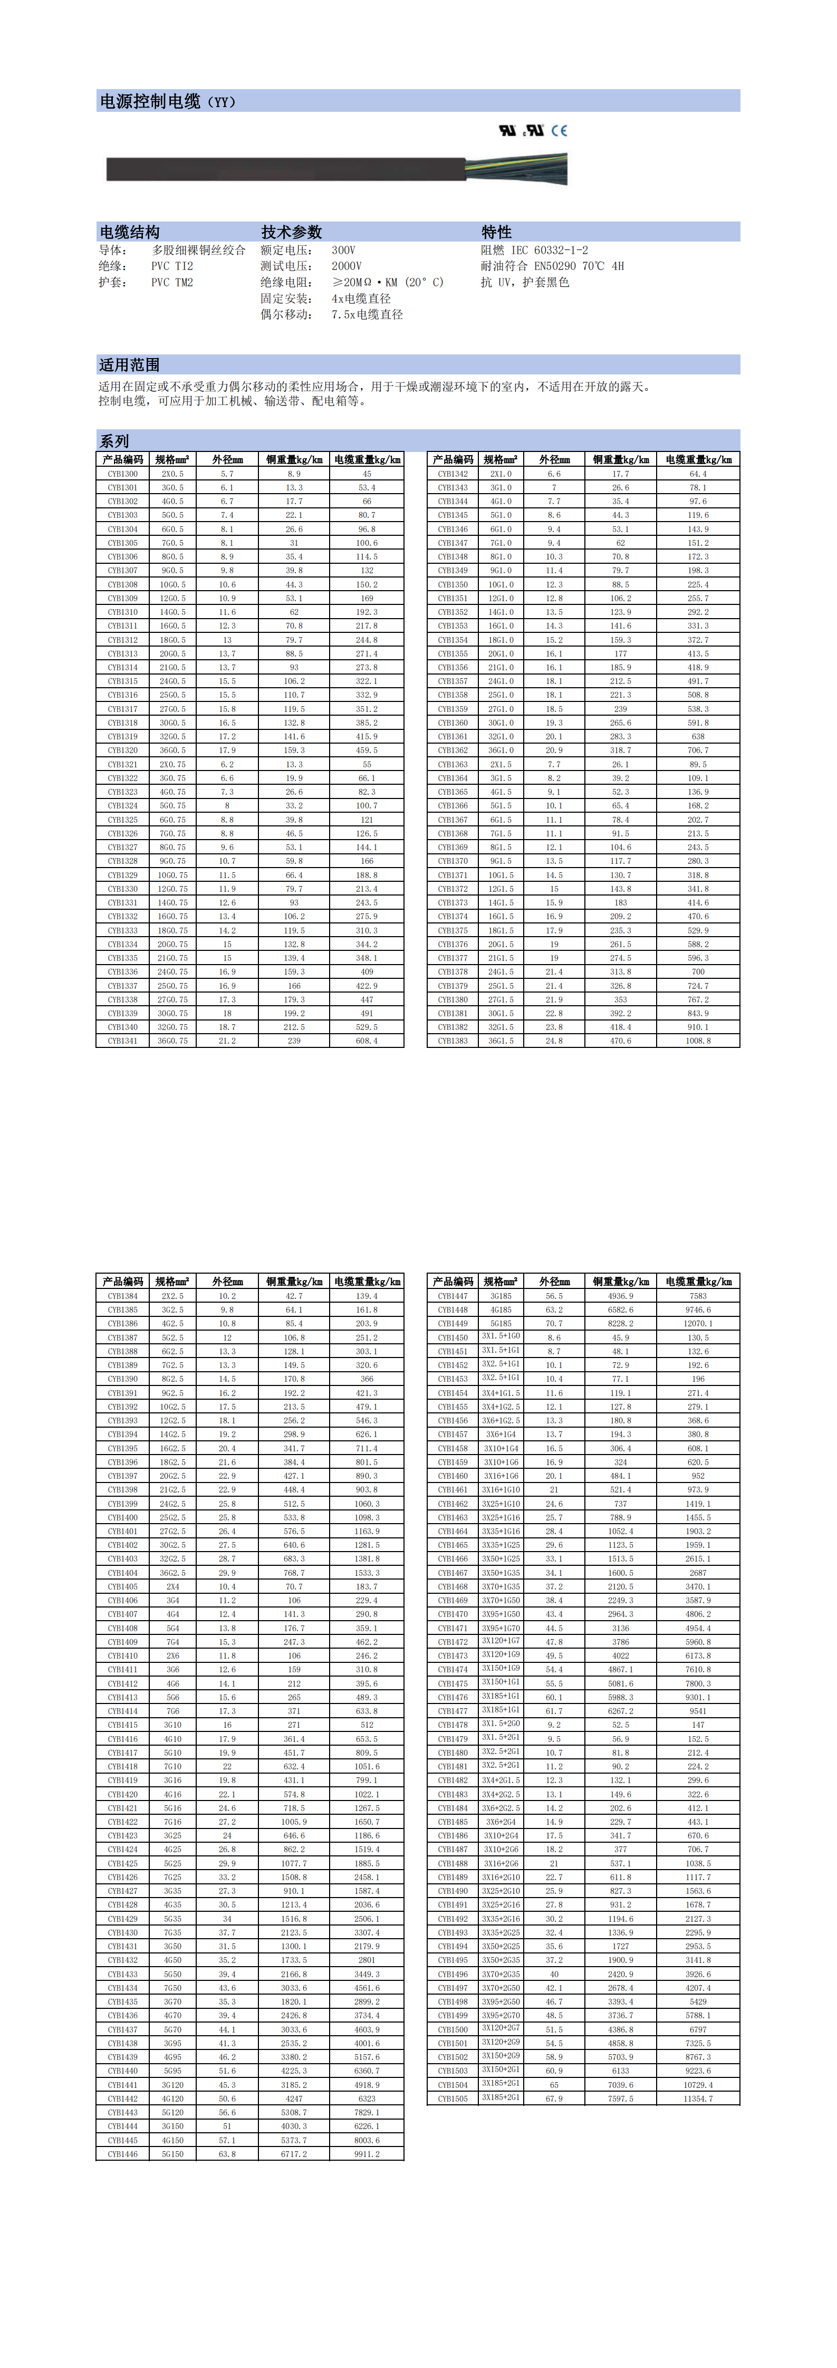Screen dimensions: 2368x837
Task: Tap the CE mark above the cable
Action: point(559,131)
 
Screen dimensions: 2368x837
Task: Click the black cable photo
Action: point(285,169)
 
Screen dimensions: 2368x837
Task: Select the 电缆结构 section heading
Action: point(130,232)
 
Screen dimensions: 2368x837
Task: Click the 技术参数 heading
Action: point(292,232)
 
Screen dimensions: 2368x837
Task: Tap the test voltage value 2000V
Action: point(347,266)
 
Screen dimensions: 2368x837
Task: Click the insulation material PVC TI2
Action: point(172,266)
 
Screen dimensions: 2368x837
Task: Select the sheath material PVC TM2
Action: point(172,282)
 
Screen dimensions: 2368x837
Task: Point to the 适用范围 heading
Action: point(130,364)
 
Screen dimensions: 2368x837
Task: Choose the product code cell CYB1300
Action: point(122,474)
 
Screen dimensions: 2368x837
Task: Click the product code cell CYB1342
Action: point(453,474)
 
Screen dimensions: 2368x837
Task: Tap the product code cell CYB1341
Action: point(122,1041)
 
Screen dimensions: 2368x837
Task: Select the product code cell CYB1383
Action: point(453,1041)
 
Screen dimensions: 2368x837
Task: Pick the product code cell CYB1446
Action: point(122,2154)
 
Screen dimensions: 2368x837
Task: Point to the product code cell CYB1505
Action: point(453,2099)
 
